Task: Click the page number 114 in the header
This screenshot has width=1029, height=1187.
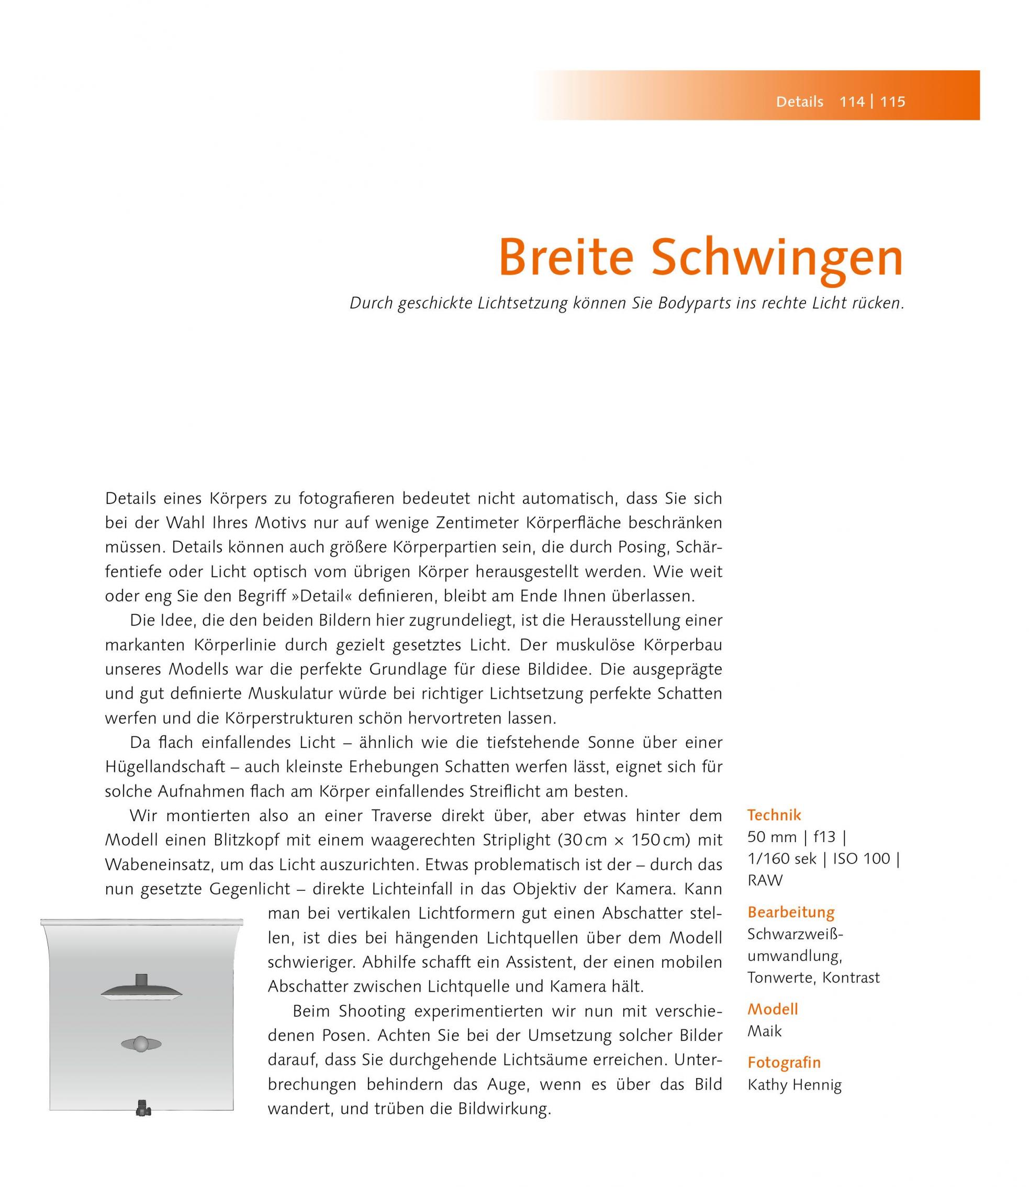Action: click(852, 102)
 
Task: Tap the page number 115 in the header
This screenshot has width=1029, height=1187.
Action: click(893, 102)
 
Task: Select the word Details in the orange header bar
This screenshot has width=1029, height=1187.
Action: click(799, 102)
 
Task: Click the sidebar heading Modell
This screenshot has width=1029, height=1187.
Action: click(773, 1009)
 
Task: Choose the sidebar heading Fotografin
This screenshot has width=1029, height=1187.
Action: click(784, 1062)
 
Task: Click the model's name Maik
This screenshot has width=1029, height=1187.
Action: click(764, 1031)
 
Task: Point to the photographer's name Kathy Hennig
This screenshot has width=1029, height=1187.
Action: click(794, 1085)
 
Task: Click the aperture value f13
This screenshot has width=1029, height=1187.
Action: click(824, 837)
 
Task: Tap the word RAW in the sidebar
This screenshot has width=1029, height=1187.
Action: click(765, 880)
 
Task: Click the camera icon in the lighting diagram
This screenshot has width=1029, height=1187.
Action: click(143, 1107)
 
